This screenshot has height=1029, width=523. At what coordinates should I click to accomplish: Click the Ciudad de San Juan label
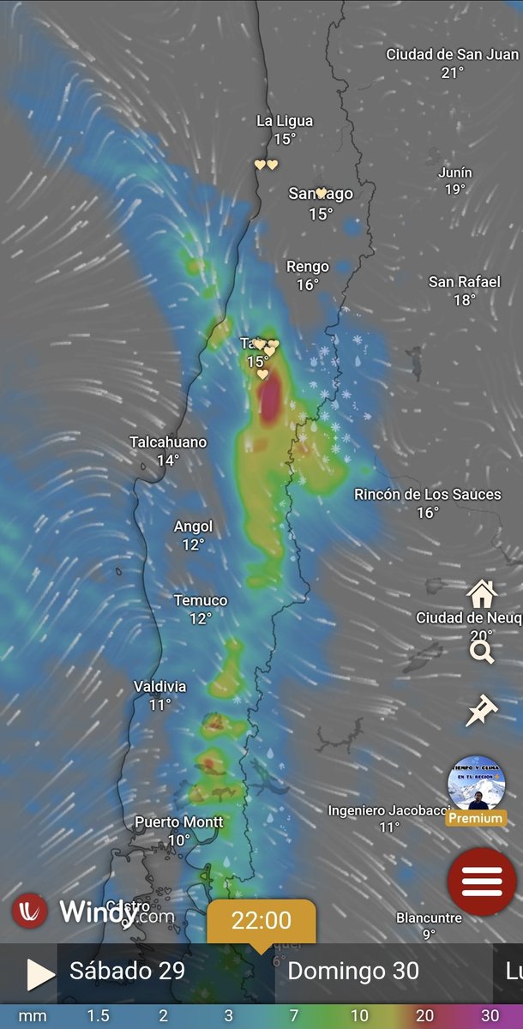point(452,54)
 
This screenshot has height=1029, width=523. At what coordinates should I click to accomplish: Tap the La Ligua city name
point(285,121)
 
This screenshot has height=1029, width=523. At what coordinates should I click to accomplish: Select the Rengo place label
point(308,267)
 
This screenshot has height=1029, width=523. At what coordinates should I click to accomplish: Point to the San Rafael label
point(464,282)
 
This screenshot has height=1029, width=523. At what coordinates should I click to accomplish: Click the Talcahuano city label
point(168,442)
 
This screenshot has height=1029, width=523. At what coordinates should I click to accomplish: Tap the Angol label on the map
point(193,527)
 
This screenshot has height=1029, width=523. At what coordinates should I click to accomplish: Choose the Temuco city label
point(201,600)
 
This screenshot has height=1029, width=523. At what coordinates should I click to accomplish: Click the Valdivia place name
point(159,686)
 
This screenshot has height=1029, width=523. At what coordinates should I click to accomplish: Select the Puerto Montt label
point(179,822)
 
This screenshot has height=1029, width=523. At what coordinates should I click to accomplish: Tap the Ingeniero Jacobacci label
point(389,810)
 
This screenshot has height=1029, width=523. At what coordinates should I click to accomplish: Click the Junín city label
point(455,172)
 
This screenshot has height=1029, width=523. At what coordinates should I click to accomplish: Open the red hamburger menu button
point(482,882)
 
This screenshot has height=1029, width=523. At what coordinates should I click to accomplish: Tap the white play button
point(39,974)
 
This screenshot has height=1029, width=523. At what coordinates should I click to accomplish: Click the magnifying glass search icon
point(482,653)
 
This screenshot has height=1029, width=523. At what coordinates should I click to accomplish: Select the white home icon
point(482,593)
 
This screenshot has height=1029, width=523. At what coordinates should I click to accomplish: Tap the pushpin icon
point(481,711)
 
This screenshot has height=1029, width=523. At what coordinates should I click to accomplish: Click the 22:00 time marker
point(261,921)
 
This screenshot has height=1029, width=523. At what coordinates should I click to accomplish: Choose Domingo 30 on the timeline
point(353,972)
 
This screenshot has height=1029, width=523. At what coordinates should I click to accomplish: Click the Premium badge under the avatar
point(476,818)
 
